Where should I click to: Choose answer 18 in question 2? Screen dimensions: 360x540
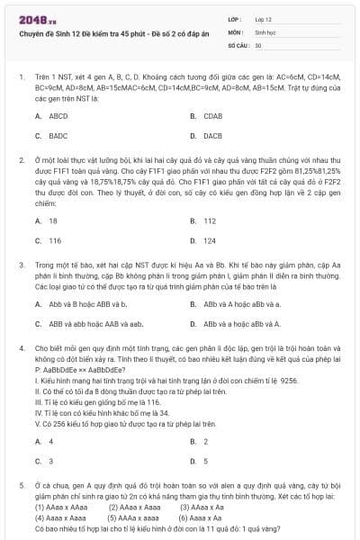pyautogui.click(x=53, y=221)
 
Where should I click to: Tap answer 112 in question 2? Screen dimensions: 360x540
pyautogui.click(x=210, y=221)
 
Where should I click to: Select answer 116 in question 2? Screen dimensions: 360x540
pyautogui.click(x=55, y=240)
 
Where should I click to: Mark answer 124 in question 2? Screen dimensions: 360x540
pyautogui.click(x=210, y=240)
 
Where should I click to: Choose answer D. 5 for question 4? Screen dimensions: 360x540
pyautogui.click(x=206, y=461)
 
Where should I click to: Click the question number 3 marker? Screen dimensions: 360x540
pyautogui.click(x=21, y=265)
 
